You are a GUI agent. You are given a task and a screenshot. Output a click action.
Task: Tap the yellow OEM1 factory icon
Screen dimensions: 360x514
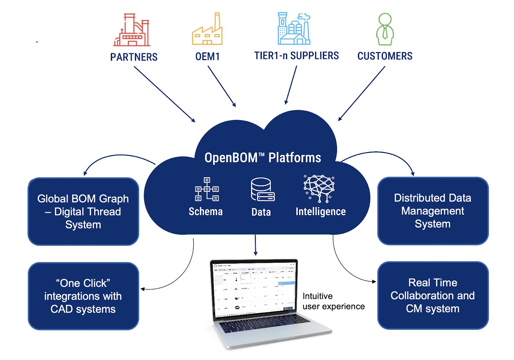coord(207,30)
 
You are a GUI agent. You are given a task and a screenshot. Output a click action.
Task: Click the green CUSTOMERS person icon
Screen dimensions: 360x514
coord(385,29)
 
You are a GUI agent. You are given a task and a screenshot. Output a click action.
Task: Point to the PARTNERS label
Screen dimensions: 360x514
coord(134,57)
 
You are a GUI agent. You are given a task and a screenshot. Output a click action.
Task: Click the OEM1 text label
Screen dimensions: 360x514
coord(207,57)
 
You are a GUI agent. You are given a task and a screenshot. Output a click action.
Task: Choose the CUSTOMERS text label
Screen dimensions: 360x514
coord(385,56)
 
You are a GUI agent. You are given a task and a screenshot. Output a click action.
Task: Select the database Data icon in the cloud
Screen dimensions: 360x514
coord(262,190)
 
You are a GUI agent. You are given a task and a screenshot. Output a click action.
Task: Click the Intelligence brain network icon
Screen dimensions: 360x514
coord(319,188)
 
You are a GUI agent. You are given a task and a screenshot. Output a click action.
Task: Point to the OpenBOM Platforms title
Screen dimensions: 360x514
coord(262,158)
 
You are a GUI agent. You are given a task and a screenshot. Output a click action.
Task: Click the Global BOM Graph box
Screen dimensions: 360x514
coord(83,212)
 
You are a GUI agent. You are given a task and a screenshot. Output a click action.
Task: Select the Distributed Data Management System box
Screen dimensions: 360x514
coord(433,211)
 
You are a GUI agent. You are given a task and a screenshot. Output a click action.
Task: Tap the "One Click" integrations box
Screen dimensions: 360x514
coord(83,296)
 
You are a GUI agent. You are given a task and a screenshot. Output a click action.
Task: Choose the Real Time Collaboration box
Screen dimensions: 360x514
coord(433,295)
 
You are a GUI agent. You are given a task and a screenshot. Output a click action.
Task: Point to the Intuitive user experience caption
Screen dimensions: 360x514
coord(333,301)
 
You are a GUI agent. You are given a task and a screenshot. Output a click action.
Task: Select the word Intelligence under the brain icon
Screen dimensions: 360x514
coord(320,212)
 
